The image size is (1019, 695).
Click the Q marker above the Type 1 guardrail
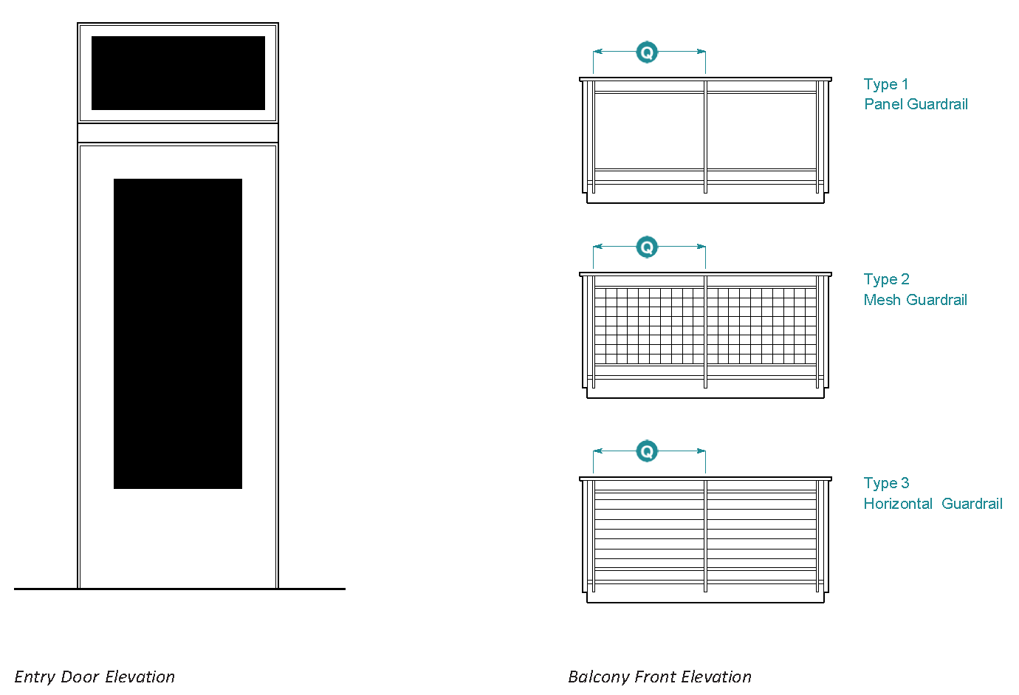(647, 52)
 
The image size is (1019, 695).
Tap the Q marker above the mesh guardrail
(647, 247)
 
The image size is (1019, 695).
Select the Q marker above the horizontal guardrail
(647, 451)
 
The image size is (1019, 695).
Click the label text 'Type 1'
(886, 84)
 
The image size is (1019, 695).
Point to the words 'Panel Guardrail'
(916, 104)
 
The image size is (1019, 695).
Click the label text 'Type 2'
(886, 279)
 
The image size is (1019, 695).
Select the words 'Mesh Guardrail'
(915, 300)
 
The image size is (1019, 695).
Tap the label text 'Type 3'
(886, 483)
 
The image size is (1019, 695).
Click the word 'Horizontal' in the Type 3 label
(898, 504)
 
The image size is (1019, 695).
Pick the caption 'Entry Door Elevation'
(95, 677)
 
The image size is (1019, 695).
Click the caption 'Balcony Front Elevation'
(659, 677)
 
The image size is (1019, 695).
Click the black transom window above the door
(178, 73)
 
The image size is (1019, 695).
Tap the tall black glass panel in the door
(178, 334)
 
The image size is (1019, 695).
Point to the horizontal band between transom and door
(178, 133)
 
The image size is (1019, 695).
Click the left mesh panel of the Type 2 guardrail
(649, 326)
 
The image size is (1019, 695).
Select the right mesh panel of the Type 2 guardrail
(762, 326)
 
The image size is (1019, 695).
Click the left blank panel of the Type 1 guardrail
(649, 131)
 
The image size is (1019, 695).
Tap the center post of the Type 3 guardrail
(706, 535)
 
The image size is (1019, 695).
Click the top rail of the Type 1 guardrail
(705, 79)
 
